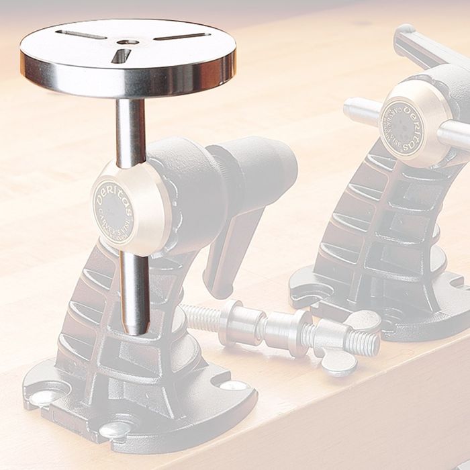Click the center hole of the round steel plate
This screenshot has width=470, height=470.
tap(128, 42)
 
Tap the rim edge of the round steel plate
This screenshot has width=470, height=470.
tap(128, 84)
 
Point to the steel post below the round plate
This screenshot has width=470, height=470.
tap(130, 131)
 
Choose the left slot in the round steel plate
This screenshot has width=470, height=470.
tap(81, 34)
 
